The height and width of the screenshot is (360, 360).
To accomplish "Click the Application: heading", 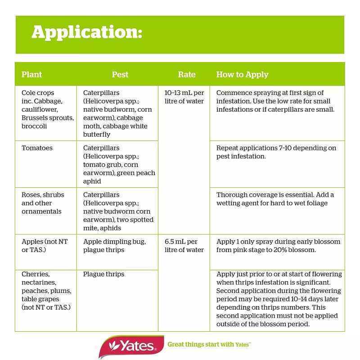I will pyautogui.click(x=87, y=32).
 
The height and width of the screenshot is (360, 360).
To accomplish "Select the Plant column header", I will pyautogui.click(x=31, y=75).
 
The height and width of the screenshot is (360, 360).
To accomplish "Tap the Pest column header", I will pyautogui.click(x=120, y=75).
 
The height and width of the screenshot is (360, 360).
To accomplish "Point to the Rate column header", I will pyautogui.click(x=187, y=75).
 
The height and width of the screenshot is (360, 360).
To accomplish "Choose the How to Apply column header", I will pyautogui.click(x=242, y=75).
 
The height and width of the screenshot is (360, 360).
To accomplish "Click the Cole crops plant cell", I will pyautogui.click(x=47, y=109).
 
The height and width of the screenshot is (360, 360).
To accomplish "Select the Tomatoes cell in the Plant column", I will pyautogui.click(x=37, y=148).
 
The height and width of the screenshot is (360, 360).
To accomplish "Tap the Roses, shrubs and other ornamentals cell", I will pyautogui.click(x=43, y=203).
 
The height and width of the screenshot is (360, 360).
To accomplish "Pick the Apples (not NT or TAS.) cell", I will pyautogui.click(x=45, y=246).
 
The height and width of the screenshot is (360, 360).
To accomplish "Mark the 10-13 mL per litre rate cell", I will pyautogui.click(x=184, y=97).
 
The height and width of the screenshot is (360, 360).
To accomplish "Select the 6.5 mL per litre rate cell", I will pyautogui.click(x=184, y=246).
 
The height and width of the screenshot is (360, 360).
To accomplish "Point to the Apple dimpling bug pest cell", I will pyautogui.click(x=114, y=246).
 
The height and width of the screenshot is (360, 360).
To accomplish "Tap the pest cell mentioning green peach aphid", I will pyautogui.click(x=119, y=164).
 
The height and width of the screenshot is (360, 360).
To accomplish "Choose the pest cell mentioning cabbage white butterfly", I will pyautogui.click(x=117, y=113).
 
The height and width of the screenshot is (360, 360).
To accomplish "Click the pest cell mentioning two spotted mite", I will pyautogui.click(x=118, y=207).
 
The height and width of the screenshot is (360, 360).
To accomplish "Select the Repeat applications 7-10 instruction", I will pyautogui.click(x=276, y=152).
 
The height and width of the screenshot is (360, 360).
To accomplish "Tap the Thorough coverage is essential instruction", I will pyautogui.click(x=275, y=199).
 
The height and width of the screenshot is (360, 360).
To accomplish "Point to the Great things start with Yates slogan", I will pyautogui.click(x=209, y=345).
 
